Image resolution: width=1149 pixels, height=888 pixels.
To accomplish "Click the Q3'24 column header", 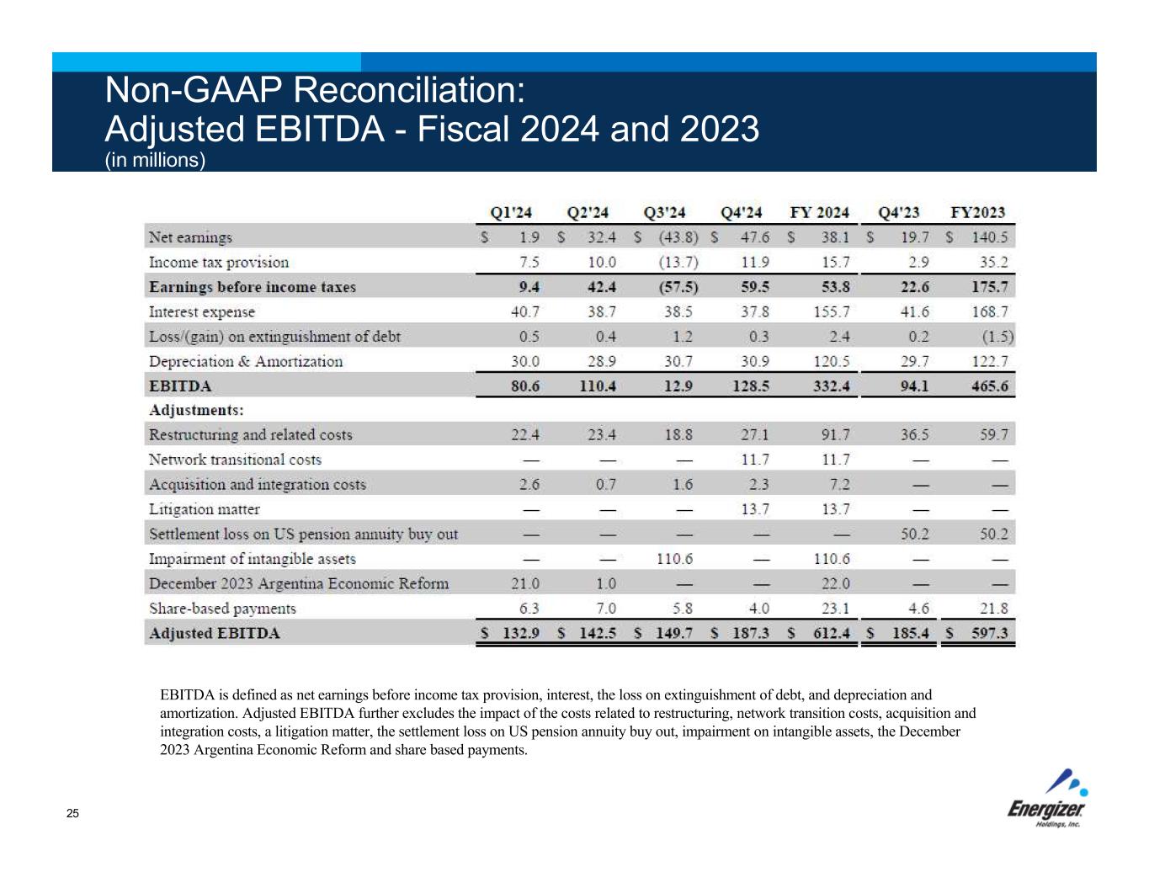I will (664, 212).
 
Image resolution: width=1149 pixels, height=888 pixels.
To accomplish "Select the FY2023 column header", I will (977, 212).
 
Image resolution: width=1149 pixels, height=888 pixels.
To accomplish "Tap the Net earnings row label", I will (190, 237).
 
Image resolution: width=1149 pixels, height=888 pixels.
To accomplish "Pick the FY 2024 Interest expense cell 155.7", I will (832, 311).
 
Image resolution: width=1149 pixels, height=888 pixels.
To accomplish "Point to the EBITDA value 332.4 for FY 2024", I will (832, 386).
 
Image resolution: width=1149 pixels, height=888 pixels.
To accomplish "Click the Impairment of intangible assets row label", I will (253, 559).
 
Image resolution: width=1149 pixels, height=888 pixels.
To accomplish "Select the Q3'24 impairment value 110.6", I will (676, 559).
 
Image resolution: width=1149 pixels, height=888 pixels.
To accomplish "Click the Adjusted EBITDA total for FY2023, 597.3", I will (990, 633).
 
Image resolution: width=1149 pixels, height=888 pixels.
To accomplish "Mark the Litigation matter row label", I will (205, 509).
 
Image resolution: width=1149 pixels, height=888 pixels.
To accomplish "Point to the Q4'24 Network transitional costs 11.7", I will (754, 460).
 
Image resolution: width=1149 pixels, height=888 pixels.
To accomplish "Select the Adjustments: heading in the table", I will (196, 410).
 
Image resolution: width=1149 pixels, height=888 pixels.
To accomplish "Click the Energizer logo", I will (1048, 799).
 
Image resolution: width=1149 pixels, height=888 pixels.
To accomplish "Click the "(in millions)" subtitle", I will (155, 160).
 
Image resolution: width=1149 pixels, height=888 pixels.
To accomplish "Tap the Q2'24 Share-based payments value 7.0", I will (605, 609).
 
